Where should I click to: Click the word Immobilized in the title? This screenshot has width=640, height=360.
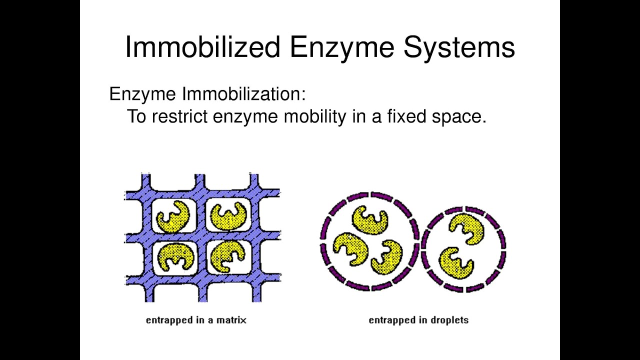pos(202,47)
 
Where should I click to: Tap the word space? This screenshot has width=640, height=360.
pos(458,116)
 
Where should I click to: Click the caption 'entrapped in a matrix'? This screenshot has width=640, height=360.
pos(196,319)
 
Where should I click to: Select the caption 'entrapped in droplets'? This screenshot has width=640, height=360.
pos(418,319)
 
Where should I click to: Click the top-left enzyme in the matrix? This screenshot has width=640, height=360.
pos(173,215)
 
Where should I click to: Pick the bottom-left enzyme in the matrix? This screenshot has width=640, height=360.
pos(175,255)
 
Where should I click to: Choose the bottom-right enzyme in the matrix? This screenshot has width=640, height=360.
pos(227,256)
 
